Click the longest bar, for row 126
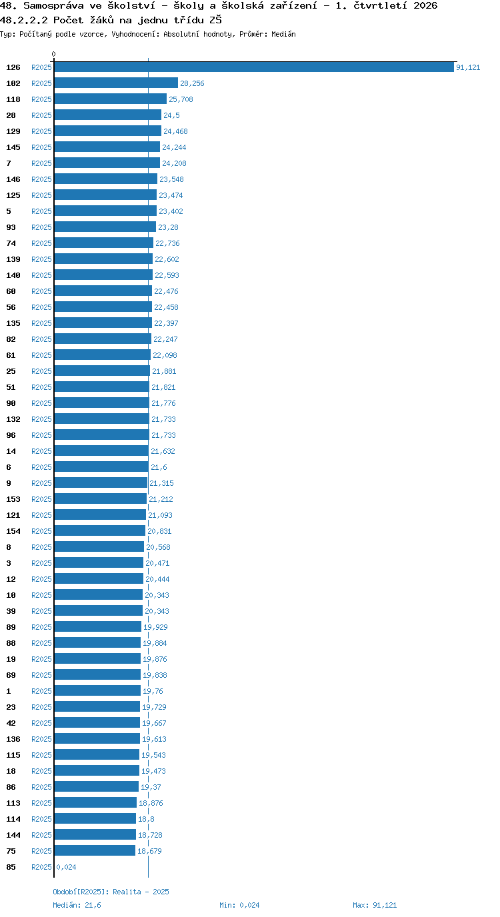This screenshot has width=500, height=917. pyautogui.click(x=254, y=67)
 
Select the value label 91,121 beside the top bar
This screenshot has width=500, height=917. pyautogui.click(x=468, y=67)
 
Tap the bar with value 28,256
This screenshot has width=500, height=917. pyautogui.click(x=116, y=83)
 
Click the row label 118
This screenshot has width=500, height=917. pyautogui.click(x=13, y=99)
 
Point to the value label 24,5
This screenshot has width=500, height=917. pyautogui.click(x=171, y=115)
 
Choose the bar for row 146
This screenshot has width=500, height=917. pyautogui.click(x=105, y=179)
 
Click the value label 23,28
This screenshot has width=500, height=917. pyautogui.click(x=168, y=227)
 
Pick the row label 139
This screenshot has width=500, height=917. pyautogui.click(x=13, y=259)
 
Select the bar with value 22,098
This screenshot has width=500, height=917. pyautogui.click(x=103, y=355)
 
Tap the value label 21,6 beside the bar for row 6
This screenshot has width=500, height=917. pyautogui.click(x=159, y=467)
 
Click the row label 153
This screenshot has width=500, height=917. pyautogui.click(x=13, y=499)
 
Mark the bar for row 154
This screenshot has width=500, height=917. pyautogui.click(x=100, y=531)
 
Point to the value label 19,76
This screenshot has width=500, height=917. pyautogui.click(x=153, y=691)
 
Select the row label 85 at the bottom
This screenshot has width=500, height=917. pyautogui.click(x=11, y=867)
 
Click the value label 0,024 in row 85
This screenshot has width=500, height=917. pyautogui.click(x=67, y=867)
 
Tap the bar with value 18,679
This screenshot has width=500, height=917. pyautogui.click(x=95, y=850)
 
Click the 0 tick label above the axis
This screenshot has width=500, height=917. pyautogui.click(x=53, y=55)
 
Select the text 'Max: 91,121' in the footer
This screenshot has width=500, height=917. pyautogui.click(x=375, y=905)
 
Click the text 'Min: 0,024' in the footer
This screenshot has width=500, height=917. pyautogui.click(x=239, y=905)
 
